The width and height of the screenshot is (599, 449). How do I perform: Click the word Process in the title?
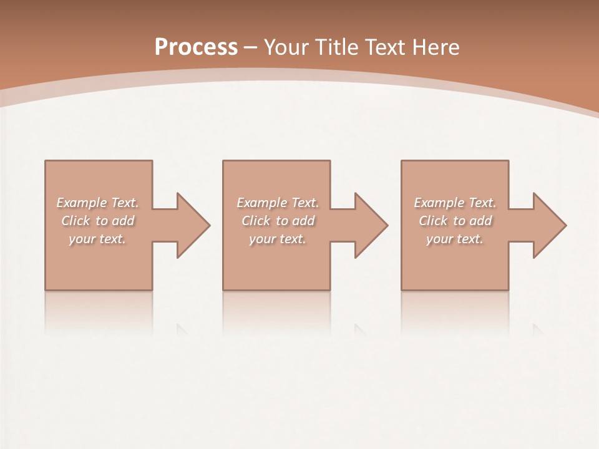[x=196, y=47]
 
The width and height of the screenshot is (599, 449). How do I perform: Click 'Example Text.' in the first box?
[x=97, y=203]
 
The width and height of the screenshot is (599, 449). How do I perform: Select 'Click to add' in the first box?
[x=97, y=221]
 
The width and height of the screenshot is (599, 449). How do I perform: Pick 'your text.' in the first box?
[x=97, y=239]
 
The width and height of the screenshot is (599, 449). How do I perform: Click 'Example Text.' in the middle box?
[x=277, y=203]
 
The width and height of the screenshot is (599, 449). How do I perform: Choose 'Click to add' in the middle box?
[x=277, y=221]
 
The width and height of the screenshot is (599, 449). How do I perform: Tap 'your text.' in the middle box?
[x=277, y=239]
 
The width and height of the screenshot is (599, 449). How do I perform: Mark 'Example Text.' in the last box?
[x=455, y=203]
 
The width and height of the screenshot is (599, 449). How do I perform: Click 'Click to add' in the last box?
[x=455, y=221]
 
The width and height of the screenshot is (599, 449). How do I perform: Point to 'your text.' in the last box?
[x=455, y=239]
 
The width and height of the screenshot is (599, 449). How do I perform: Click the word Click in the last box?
[x=433, y=221]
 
